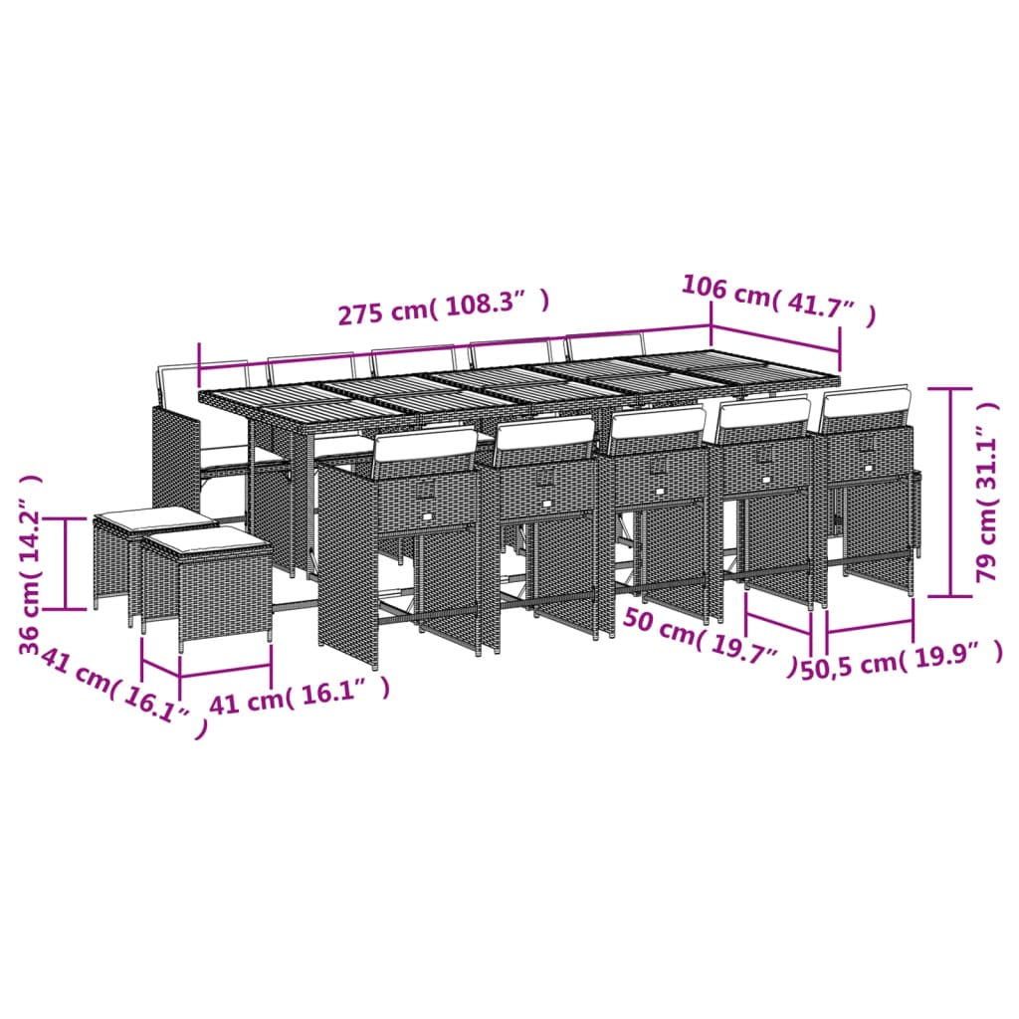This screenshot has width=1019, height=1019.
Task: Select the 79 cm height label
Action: click(986, 493)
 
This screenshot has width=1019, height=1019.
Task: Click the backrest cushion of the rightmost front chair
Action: click(864, 403)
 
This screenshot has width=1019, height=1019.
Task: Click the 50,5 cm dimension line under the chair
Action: click(869, 627)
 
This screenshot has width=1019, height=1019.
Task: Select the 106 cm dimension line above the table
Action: click(775, 336)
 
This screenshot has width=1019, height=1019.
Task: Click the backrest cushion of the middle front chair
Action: click(657, 422)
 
